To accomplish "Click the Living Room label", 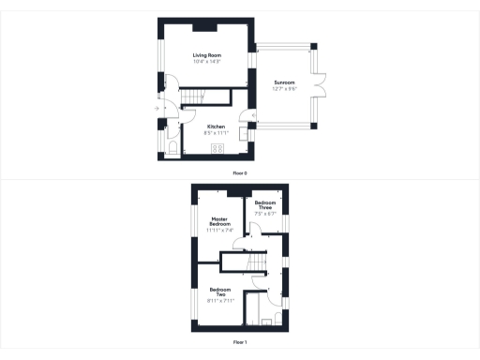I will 206,56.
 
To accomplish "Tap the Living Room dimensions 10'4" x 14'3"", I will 206,62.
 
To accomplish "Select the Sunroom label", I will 284,83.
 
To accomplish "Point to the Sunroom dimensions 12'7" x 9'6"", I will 284,89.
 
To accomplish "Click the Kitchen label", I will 216,127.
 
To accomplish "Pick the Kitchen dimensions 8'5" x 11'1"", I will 216,132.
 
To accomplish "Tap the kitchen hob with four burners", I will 217,148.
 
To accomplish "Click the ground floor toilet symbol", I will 172,147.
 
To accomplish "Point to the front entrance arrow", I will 156,109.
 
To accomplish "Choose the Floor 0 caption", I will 240,173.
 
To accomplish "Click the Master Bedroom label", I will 219,222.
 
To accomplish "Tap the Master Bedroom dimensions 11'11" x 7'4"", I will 219,231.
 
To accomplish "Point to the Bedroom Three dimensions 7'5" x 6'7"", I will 265,214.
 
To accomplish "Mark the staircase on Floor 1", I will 248,268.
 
